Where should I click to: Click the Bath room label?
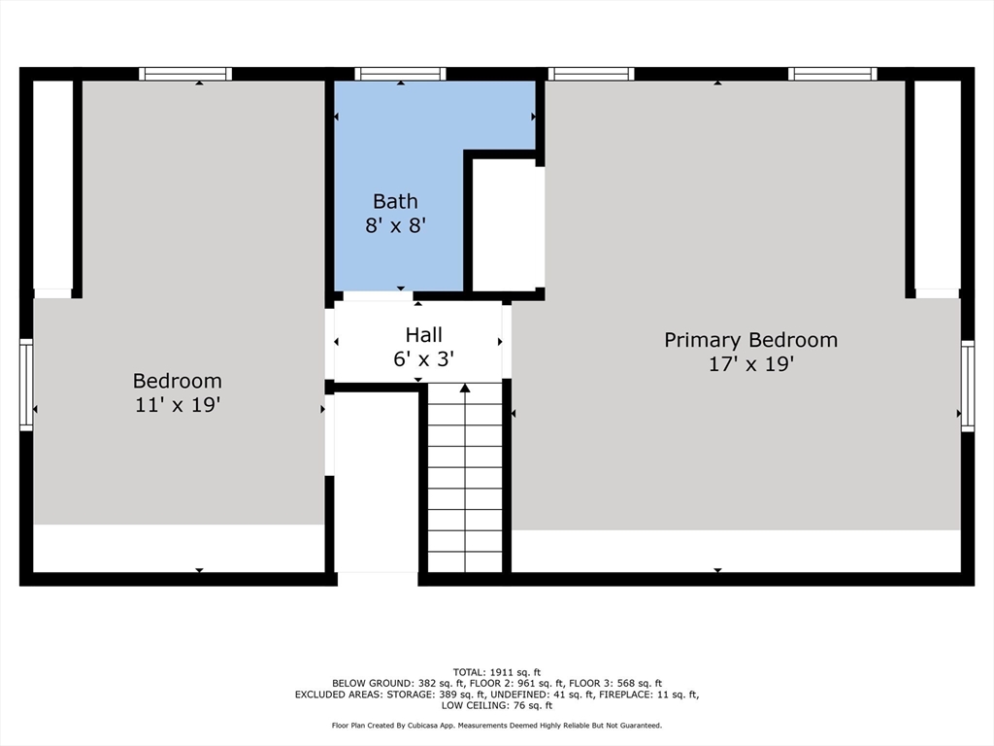[x=395, y=202]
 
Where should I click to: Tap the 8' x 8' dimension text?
[x=395, y=226]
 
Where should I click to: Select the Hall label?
[x=423, y=335]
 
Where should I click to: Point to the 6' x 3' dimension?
[x=423, y=358]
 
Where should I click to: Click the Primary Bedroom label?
[x=750, y=340]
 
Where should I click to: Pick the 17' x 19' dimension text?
[x=750, y=364]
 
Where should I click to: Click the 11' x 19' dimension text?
[x=178, y=405]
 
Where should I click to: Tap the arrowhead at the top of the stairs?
[x=465, y=389]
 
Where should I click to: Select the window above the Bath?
[x=400, y=74]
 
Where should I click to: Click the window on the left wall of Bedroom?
[x=26, y=385]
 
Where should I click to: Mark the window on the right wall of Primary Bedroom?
[x=967, y=386]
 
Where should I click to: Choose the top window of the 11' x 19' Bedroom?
[x=184, y=74]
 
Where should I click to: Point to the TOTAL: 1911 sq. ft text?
[x=496, y=672]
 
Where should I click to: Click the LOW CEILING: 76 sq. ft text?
[x=496, y=706]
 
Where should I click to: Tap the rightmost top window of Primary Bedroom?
[x=832, y=74]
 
